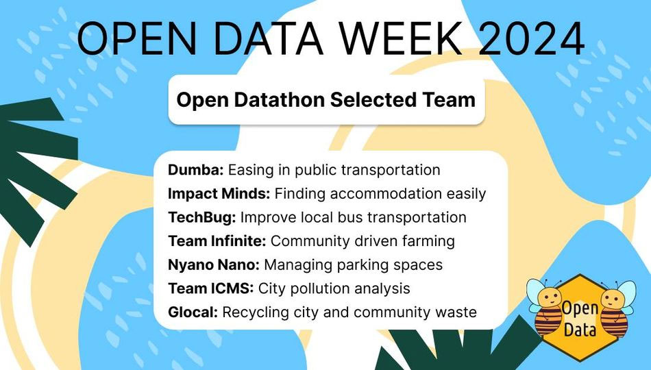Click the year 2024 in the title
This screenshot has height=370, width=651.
tap(532, 38)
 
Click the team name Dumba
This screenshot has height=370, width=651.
tap(195, 170)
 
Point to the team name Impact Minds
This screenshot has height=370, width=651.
tap(219, 194)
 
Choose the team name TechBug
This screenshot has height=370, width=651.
tap(201, 218)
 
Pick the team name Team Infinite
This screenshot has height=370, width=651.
tap(217, 241)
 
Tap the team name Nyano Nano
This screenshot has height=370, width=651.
tap(213, 265)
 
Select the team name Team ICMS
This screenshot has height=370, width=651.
tap(210, 288)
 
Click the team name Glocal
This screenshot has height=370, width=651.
tap(193, 312)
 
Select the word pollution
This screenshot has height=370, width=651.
tap(320, 288)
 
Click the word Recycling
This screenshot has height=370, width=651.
tap(256, 312)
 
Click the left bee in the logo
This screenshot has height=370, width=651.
tap(545, 307)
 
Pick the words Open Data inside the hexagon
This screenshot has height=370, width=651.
tap(580, 319)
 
